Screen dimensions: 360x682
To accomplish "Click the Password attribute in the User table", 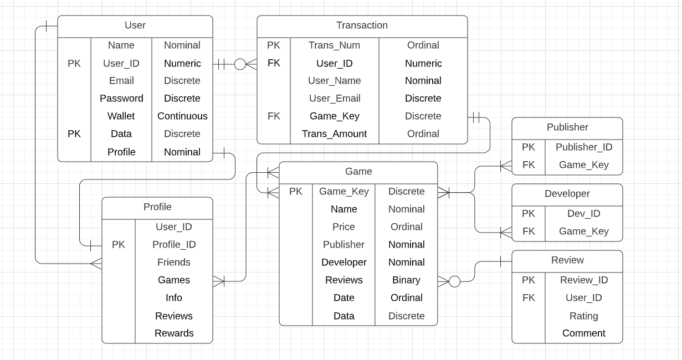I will click(x=121, y=98).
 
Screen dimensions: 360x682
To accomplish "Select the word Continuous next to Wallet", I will click(x=182, y=116).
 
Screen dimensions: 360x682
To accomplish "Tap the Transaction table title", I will click(x=362, y=25).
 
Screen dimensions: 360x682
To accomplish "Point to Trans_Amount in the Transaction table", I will click(x=334, y=133).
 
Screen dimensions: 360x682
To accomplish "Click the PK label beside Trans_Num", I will click(x=274, y=45).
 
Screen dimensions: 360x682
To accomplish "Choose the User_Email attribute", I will click(x=334, y=98).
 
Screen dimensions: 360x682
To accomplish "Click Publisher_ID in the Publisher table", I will click(x=583, y=147).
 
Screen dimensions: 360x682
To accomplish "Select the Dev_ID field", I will click(x=583, y=213).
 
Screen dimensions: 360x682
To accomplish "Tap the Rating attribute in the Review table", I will click(x=583, y=316).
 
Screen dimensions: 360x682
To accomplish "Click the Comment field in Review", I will click(x=583, y=333).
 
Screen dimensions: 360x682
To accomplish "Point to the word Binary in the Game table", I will click(x=406, y=280).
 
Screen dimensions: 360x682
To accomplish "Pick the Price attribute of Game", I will click(x=343, y=227).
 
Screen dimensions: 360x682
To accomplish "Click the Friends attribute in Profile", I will click(x=173, y=262).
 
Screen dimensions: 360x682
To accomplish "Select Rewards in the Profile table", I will click(x=173, y=333).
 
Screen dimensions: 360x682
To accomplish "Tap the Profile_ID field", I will click(x=173, y=244).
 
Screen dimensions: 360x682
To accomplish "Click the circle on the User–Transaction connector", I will click(x=240, y=64).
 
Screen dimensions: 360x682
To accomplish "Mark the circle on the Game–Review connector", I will click(x=454, y=281).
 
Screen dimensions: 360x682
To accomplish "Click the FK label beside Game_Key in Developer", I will click(x=529, y=231).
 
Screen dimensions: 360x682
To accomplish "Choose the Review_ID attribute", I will click(x=583, y=280).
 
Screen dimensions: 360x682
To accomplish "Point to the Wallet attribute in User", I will click(x=121, y=116).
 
